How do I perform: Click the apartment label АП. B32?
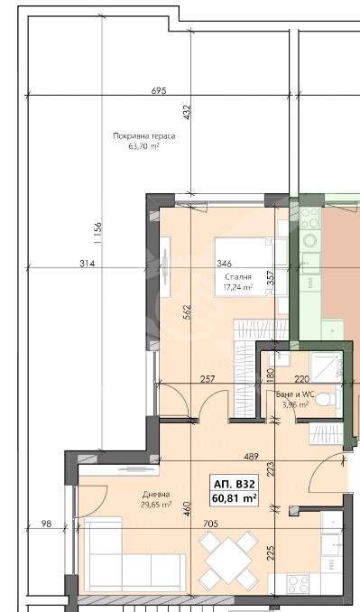(234, 485)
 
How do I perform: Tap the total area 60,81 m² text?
(234, 498)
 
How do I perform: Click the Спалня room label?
(238, 277)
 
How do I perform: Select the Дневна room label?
(156, 495)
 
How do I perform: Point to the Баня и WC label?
(295, 394)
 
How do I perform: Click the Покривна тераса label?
(144, 136)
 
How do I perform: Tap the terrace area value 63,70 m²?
(144, 147)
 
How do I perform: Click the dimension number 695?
(159, 90)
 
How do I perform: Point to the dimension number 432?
(187, 112)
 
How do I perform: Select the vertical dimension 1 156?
(98, 233)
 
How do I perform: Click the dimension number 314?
(87, 264)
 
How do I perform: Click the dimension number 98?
(46, 524)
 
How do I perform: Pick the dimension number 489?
(251, 456)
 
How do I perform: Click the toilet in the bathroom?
(327, 399)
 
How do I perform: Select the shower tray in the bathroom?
(326, 367)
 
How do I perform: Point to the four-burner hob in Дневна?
(298, 584)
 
